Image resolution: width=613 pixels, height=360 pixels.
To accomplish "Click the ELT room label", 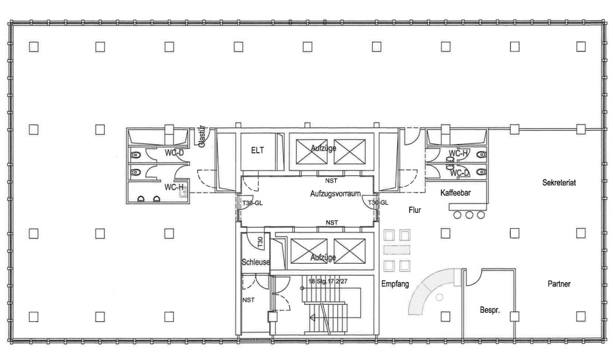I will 257,150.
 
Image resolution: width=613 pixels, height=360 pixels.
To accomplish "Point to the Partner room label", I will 559,284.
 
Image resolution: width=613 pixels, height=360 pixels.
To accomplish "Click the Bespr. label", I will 490,311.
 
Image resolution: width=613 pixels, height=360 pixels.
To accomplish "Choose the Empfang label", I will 395,284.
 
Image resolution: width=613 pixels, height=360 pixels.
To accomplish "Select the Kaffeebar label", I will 455,193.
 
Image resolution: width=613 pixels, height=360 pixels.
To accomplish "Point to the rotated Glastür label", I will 201,137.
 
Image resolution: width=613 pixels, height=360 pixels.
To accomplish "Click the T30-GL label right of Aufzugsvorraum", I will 378,202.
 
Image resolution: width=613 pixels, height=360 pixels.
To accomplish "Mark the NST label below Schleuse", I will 248,300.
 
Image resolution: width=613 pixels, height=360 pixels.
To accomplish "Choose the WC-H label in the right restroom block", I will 459,153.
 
